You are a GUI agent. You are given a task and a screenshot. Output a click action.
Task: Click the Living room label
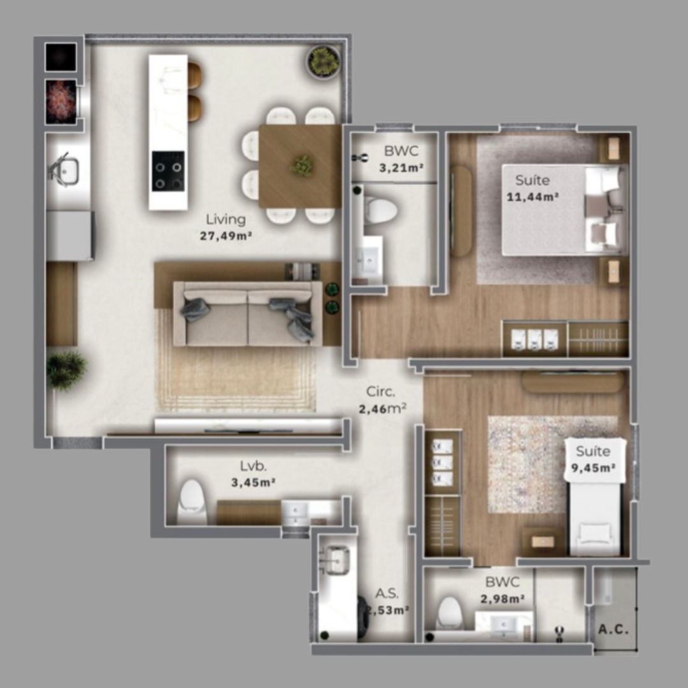click(x=226, y=220)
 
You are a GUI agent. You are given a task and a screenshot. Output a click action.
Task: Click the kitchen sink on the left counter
click(x=64, y=170)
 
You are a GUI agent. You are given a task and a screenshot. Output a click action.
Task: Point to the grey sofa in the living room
click(x=248, y=314)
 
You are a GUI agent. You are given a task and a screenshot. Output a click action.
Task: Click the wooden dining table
click(x=299, y=166)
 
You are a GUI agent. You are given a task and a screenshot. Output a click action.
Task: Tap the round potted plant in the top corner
click(x=324, y=62)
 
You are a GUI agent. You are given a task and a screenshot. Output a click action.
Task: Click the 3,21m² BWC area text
click(x=402, y=169)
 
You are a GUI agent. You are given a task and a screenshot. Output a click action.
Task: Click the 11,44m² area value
click(x=533, y=197)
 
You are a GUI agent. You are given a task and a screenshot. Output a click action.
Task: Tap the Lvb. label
click(x=253, y=465)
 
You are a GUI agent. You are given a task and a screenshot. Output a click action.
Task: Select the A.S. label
click(x=387, y=594)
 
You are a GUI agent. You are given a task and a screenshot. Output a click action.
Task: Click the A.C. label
click(x=614, y=629)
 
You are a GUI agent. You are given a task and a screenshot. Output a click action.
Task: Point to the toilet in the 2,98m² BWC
click(x=450, y=613)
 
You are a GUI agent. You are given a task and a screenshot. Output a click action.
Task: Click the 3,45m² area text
click(x=253, y=482)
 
